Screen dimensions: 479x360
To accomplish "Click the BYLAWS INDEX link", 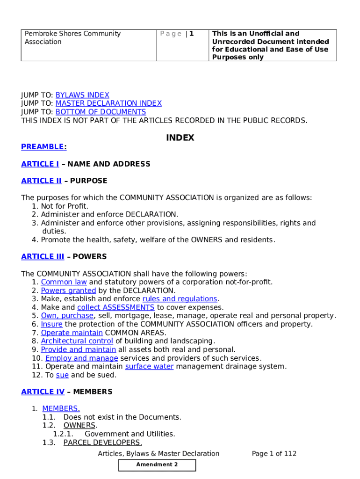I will click(x=82, y=95).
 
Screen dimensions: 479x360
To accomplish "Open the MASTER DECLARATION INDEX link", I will click(x=108, y=103).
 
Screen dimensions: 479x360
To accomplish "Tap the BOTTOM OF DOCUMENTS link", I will click(x=101, y=112).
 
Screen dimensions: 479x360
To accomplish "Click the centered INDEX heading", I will click(x=180, y=138).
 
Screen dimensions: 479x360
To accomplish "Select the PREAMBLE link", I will click(x=44, y=147).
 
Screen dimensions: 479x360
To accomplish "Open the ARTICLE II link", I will click(x=41, y=181).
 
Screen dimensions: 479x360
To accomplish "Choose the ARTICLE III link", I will click(x=43, y=256).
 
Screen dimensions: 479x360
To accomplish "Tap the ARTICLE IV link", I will click(x=43, y=392).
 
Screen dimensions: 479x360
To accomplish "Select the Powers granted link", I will click(x=68, y=290).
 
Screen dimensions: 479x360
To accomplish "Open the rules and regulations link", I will click(x=180, y=299).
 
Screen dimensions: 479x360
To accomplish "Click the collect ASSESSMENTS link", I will click(x=115, y=307).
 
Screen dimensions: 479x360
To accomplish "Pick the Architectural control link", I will click(x=77, y=341).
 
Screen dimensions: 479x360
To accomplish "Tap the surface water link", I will click(x=149, y=366).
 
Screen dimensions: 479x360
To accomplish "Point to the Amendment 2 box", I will click(x=157, y=464).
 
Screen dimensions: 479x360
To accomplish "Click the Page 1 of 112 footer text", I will click(x=274, y=453).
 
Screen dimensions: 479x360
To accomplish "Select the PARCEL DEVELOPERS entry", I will click(x=102, y=442).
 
